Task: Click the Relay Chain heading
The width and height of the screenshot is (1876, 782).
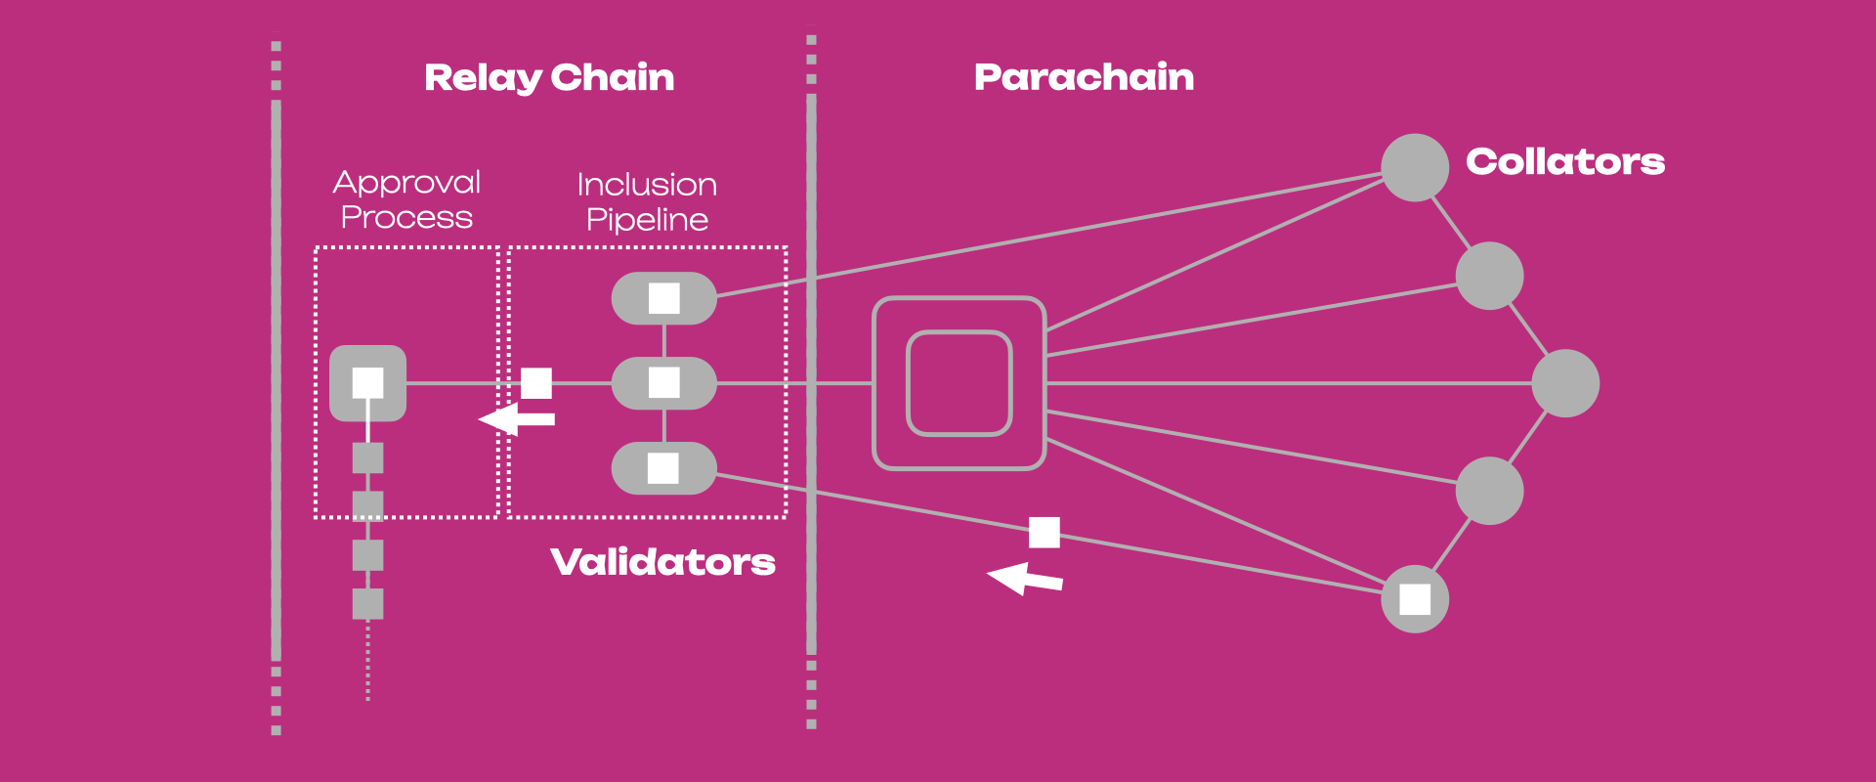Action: pos(549,77)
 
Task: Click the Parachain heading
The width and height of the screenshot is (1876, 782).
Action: pos(1084,77)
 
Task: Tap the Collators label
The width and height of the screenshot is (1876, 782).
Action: pos(1565,161)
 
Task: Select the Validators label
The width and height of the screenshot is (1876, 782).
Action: pos(662,562)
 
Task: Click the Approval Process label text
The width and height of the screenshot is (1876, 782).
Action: pos(406,199)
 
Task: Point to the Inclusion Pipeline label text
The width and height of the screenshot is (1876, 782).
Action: pos(647,201)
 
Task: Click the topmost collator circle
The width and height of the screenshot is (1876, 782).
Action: pos(1414,168)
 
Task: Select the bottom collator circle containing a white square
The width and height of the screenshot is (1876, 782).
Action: pos(1414,599)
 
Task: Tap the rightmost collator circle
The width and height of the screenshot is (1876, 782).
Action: pos(1564,383)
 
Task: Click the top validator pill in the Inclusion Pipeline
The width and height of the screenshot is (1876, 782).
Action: pos(663,298)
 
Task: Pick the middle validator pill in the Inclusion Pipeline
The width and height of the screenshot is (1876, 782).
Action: pos(663,383)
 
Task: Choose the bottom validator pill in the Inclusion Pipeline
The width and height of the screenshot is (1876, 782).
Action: pos(663,468)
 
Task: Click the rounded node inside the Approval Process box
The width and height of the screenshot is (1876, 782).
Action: pos(367,383)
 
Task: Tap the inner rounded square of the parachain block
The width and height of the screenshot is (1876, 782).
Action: pos(959,383)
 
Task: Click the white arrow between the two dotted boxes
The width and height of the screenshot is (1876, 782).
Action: pos(517,419)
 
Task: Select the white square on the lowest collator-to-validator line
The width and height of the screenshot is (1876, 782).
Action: pos(1044,533)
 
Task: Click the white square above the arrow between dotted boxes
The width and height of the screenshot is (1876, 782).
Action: pos(536,383)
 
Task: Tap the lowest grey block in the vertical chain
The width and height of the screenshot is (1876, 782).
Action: pos(367,603)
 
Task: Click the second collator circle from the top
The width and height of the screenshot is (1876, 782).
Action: pos(1489,276)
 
